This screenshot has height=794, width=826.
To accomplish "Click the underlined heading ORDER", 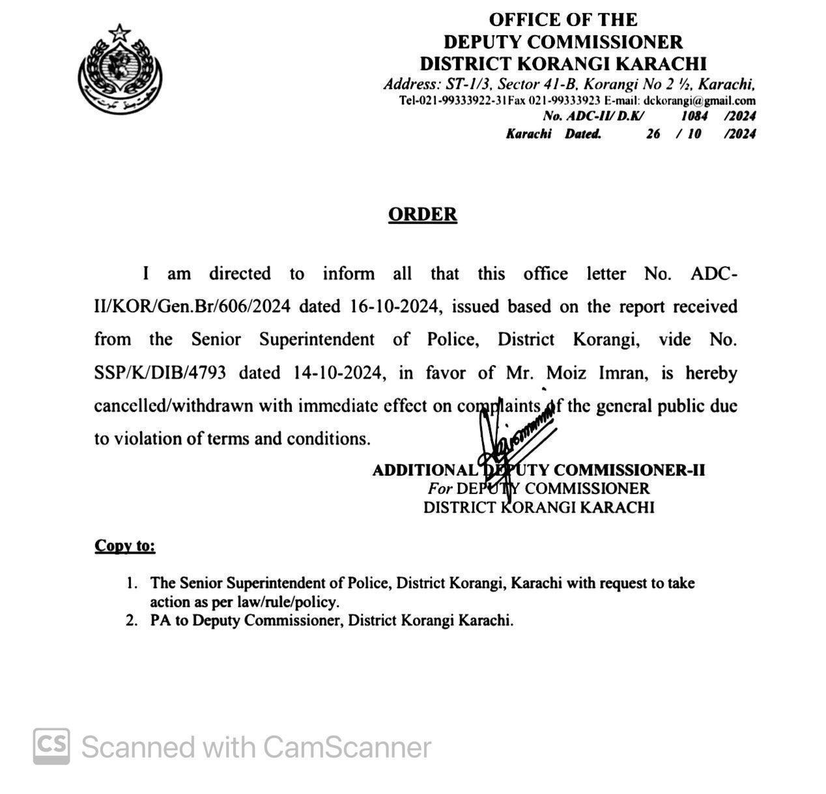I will (422, 215).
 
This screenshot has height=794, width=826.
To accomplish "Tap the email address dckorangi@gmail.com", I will (699, 101).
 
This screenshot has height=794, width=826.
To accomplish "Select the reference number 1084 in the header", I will (694, 116).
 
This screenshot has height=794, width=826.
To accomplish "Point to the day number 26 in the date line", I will (653, 134).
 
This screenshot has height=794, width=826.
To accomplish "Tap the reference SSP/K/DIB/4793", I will (160, 373).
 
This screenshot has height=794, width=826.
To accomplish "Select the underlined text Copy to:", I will (125, 545).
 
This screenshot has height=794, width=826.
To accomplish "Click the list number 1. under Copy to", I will (132, 583).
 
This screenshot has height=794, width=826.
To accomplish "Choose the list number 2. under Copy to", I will (132, 620).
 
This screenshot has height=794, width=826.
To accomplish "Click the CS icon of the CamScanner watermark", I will (51, 746).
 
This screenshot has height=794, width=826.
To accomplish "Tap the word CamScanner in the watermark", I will (347, 747).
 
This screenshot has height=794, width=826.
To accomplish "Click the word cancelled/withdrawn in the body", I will (174, 406).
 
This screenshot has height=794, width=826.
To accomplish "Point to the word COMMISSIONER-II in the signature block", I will (629, 470).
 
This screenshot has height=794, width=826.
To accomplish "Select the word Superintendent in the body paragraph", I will (317, 340).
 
